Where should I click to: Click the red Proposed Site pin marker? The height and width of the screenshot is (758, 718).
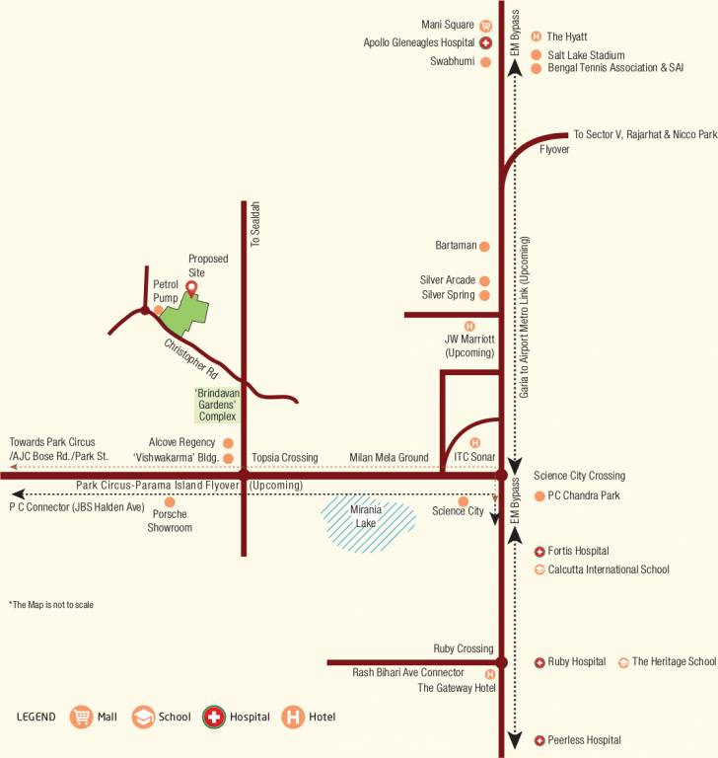click(x=191, y=287)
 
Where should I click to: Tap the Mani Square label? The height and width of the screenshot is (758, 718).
click(x=448, y=26)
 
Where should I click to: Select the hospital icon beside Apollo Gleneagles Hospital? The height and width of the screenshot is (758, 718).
click(x=485, y=43)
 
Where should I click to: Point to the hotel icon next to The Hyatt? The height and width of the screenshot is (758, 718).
click(x=536, y=37)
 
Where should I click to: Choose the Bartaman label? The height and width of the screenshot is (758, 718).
click(x=456, y=245)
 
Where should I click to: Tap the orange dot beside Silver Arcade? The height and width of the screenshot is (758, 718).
click(x=484, y=280)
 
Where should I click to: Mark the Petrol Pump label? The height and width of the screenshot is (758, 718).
click(x=165, y=290)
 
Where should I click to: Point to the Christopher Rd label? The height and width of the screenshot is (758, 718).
click(x=190, y=359)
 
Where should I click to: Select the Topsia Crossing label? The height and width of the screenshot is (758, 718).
click(x=285, y=458)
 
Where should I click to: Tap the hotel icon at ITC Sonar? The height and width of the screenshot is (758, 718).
click(x=475, y=442)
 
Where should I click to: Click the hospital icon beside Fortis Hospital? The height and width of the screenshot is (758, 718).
click(x=539, y=551)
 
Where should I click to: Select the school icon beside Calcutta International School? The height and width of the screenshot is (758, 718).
click(x=539, y=569)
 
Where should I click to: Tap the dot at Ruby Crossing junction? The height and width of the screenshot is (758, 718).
click(x=501, y=662)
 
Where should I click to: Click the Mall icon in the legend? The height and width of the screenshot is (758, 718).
click(x=81, y=718)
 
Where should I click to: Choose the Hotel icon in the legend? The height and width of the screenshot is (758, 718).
click(x=293, y=718)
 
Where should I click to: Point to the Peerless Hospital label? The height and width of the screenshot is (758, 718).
click(x=584, y=740)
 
